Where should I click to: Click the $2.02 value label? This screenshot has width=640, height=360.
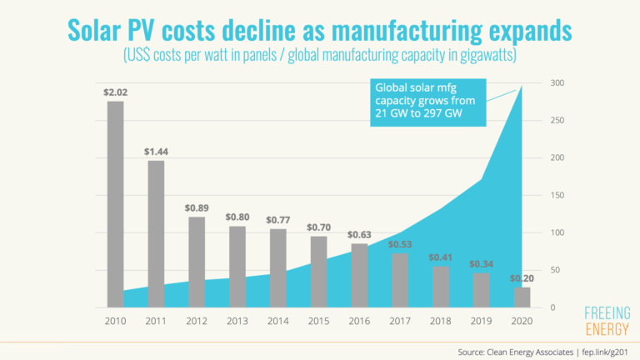click(115, 92)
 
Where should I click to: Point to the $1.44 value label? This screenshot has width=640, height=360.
click(156, 152)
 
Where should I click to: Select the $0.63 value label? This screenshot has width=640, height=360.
click(359, 234)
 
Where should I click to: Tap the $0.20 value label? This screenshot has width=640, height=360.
click(522, 278)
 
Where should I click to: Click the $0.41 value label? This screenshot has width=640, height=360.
click(440, 257)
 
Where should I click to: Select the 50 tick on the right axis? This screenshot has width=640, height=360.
click(555, 271)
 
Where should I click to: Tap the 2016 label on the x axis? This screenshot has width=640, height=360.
click(359, 320)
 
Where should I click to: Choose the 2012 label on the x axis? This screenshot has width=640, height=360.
click(197, 320)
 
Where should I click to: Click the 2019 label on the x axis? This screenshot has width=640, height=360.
click(481, 320)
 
